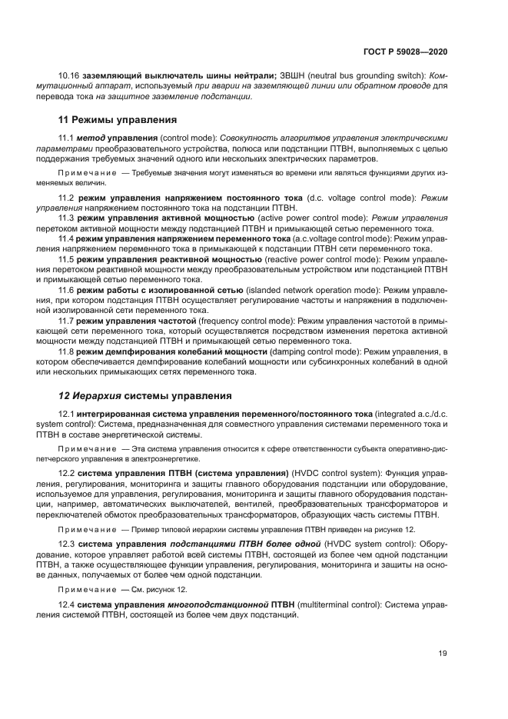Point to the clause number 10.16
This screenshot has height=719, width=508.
70,77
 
